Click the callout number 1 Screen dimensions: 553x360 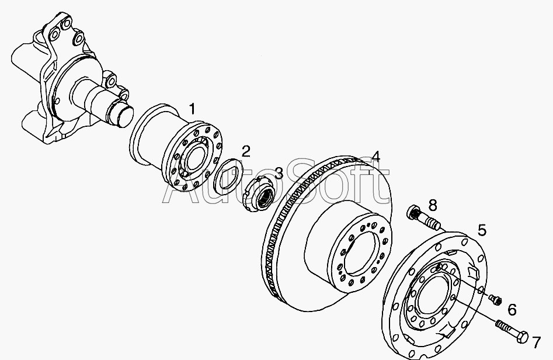192,109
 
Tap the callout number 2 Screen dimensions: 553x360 246,151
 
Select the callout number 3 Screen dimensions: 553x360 279,172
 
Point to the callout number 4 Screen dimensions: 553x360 376,157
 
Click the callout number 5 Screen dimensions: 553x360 482,230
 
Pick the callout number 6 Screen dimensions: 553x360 512,310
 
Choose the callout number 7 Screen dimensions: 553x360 536,342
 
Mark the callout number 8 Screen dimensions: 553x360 433,205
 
